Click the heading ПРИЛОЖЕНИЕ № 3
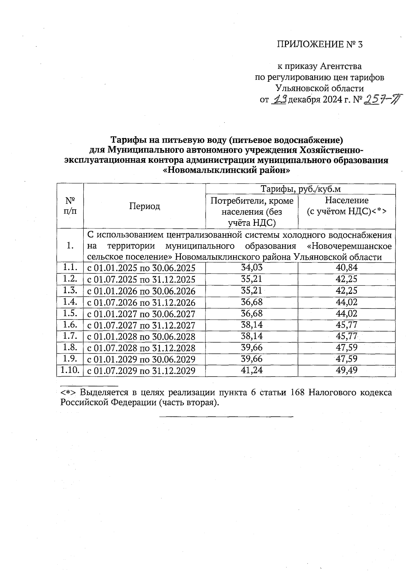coord(320,45)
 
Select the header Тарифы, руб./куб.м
coord(300,189)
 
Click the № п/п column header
coord(70,206)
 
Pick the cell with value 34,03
coord(251,268)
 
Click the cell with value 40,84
coord(346,268)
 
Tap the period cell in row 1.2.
coord(141,279)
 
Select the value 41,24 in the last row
coord(251,370)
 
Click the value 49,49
coord(346,370)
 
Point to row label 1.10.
coord(70,370)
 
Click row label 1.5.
coord(70,313)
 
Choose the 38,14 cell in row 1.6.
coord(251,325)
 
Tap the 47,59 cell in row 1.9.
coord(346,359)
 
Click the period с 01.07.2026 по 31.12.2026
coord(141,302)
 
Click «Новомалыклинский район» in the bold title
coord(226,170)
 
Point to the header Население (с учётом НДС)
coord(346,206)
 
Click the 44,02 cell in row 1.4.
coord(346,302)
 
